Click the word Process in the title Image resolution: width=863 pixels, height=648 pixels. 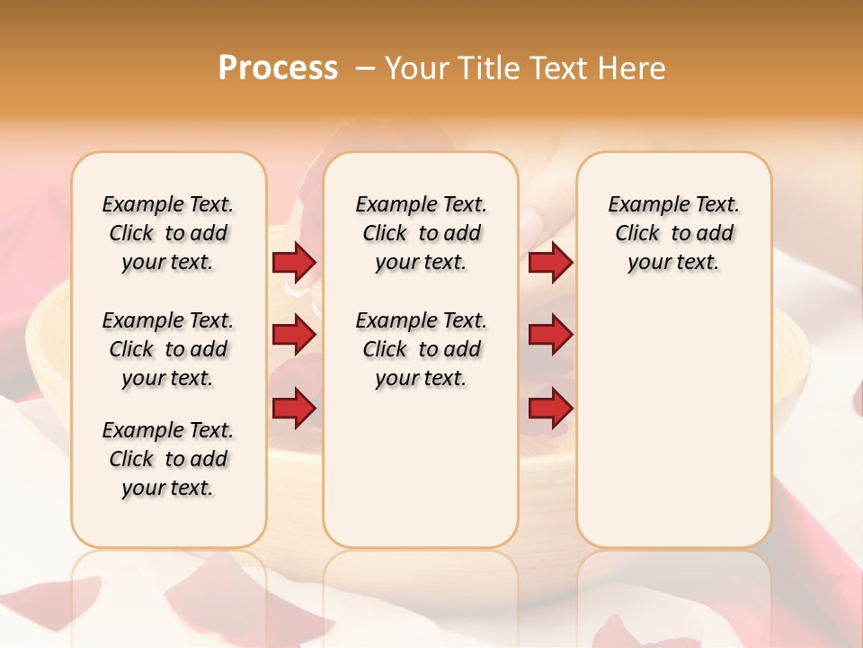(278, 68)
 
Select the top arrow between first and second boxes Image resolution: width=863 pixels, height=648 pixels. (294, 262)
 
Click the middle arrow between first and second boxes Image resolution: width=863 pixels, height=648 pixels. (294, 336)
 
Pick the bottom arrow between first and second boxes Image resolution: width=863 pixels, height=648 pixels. (294, 409)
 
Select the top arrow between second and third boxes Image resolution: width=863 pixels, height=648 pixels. (550, 262)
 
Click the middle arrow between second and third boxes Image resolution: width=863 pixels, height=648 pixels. (550, 336)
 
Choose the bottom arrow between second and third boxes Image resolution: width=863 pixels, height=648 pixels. (550, 409)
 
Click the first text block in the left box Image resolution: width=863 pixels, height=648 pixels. (168, 233)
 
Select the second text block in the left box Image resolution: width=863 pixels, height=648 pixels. (168, 349)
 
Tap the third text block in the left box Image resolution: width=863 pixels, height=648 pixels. (168, 459)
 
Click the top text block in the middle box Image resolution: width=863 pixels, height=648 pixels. (421, 233)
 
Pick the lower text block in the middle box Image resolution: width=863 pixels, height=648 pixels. (421, 349)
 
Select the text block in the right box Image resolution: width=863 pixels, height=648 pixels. (673, 233)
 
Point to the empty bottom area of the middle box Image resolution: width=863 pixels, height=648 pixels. (421, 477)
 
